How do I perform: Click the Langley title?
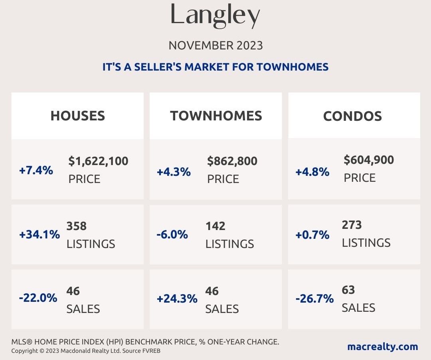[215, 15]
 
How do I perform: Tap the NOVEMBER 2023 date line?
[215, 45]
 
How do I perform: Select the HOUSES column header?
[77, 116]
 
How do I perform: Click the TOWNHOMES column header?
[216, 116]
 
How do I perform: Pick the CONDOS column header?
[352, 116]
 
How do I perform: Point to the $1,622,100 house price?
[98, 161]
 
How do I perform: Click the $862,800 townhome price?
[232, 161]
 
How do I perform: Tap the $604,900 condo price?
[369, 160]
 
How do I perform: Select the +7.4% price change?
[36, 171]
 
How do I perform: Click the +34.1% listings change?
[40, 234]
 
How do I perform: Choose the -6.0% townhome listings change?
[172, 234]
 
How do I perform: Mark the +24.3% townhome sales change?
[177, 299]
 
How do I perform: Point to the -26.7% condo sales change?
[314, 299]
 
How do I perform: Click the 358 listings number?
[77, 226]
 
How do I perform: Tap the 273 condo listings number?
[352, 225]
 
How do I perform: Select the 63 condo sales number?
[348, 289]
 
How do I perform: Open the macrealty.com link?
[382, 346]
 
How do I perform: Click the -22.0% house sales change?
[38, 298]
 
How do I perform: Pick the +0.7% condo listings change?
[312, 235]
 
